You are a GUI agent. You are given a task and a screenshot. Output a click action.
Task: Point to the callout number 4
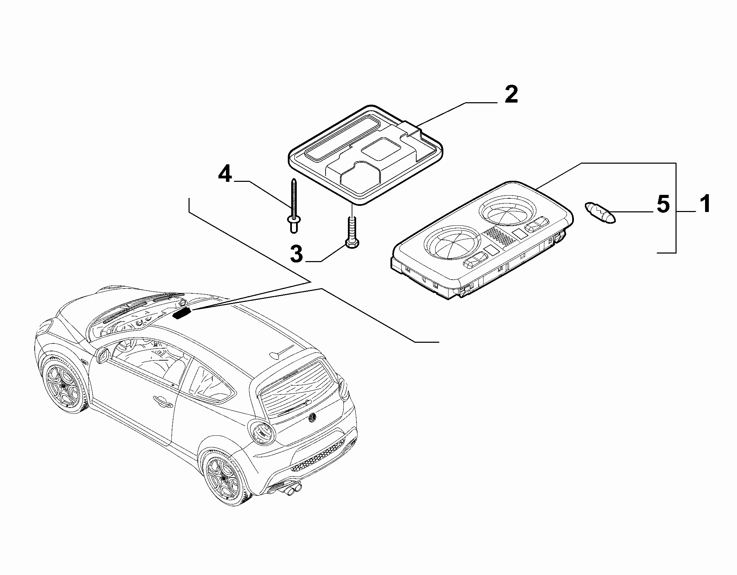point(225,174)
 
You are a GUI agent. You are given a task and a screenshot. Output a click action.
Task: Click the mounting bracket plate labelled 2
point(365,155)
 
